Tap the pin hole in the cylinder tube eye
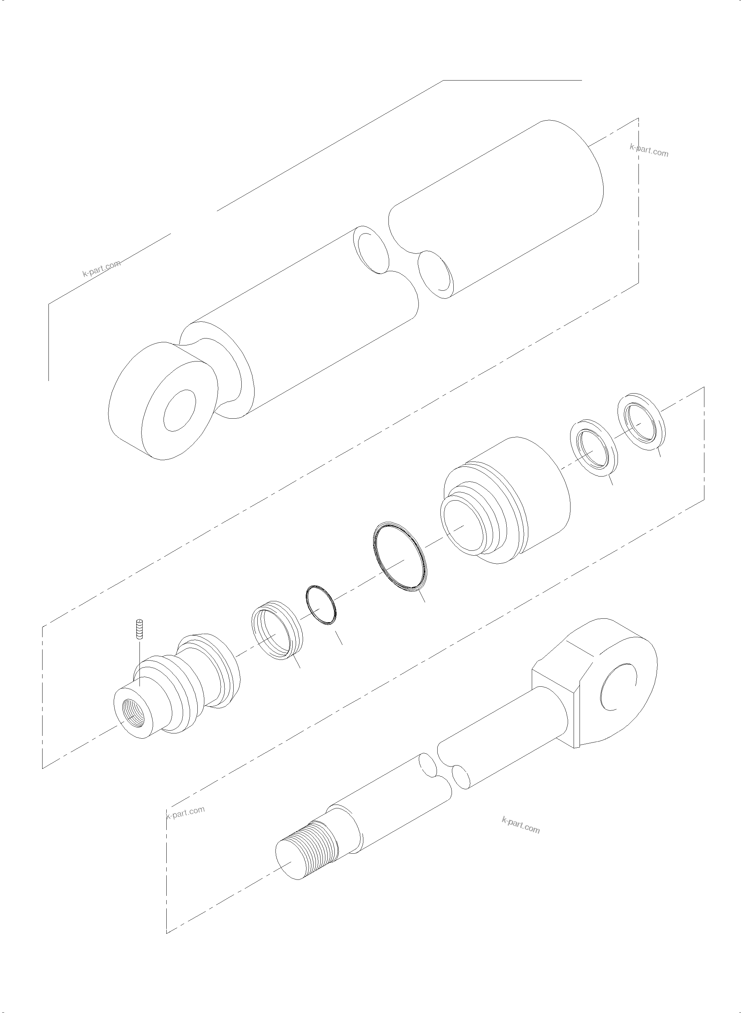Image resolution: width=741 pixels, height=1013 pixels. [x=180, y=410]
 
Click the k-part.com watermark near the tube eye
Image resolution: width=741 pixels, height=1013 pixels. [x=102, y=269]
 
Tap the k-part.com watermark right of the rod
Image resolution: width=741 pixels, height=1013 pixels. [x=520, y=825]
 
